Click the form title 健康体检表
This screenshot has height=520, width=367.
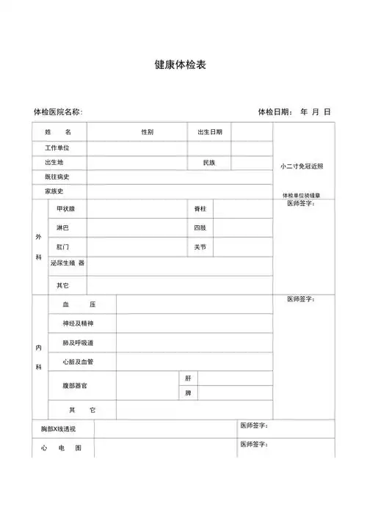(x=181, y=65)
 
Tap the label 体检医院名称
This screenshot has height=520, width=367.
(x=58, y=112)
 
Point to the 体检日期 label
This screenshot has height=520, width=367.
(x=275, y=112)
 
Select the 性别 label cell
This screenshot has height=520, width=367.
(x=148, y=132)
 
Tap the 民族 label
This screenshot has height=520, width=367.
(x=209, y=162)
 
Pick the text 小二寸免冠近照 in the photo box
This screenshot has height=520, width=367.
(x=301, y=166)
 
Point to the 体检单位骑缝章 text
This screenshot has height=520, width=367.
(x=301, y=195)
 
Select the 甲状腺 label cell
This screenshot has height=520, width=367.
(x=65, y=209)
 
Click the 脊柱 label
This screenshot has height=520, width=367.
(x=200, y=209)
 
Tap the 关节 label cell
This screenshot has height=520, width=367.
(x=200, y=247)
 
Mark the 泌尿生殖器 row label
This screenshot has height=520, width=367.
(x=68, y=263)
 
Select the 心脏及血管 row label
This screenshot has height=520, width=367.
(x=79, y=362)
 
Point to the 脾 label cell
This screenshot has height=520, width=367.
(x=189, y=393)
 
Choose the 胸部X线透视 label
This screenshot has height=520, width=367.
(x=58, y=428)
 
